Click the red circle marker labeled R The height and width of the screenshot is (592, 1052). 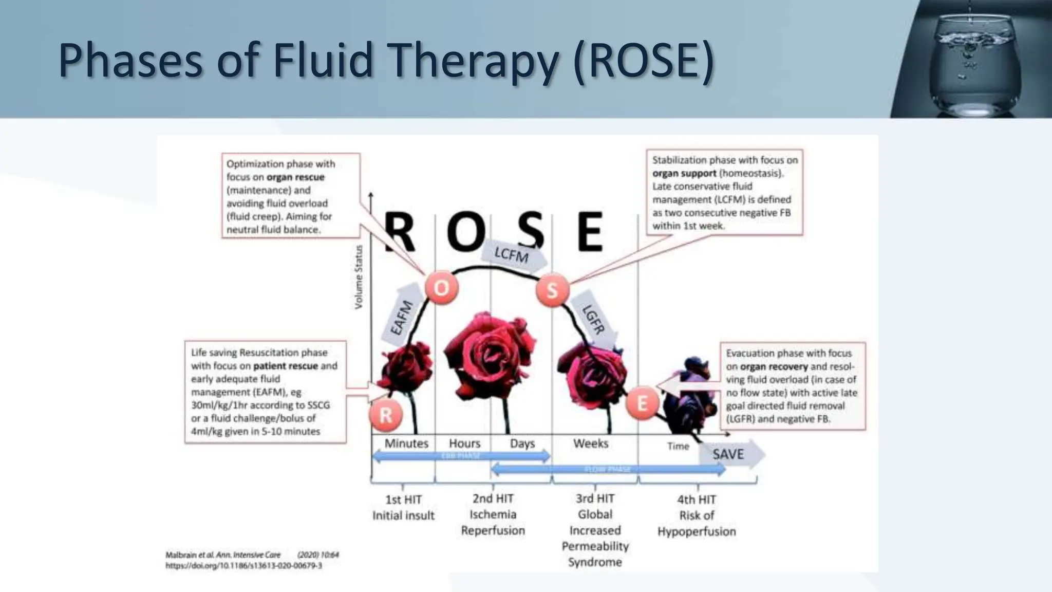(x=386, y=415)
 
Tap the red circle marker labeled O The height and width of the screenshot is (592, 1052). (x=441, y=288)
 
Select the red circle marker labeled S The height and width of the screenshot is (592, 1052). (x=552, y=290)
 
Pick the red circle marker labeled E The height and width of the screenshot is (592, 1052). (x=642, y=403)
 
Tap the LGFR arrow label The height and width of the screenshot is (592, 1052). (x=594, y=320)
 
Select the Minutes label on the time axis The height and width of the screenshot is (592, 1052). (x=406, y=443)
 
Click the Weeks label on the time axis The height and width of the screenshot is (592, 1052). (x=591, y=443)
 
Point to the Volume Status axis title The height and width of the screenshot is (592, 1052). (x=359, y=277)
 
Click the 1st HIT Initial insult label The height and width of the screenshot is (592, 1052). (x=403, y=507)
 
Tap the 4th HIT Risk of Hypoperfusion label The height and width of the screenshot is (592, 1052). (x=697, y=515)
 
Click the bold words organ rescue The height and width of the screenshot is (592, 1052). (x=295, y=177)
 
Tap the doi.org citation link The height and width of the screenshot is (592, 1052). (x=243, y=566)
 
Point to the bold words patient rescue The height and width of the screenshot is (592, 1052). (x=285, y=366)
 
